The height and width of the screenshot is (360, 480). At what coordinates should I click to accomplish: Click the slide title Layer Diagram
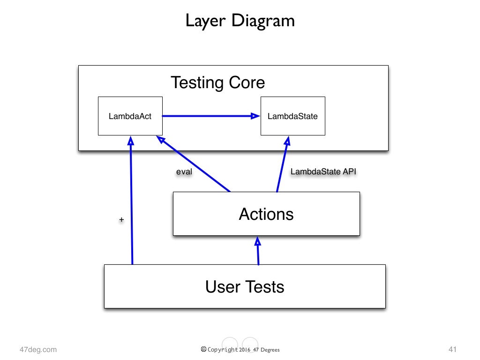click(240, 21)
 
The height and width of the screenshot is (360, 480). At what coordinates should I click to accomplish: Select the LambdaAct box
click(130, 116)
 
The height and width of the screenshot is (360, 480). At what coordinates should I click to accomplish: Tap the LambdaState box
click(292, 116)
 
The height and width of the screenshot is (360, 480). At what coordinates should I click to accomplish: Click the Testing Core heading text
click(217, 82)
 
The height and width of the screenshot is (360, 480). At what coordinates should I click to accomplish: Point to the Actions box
click(266, 214)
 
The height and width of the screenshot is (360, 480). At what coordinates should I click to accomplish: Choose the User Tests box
click(245, 286)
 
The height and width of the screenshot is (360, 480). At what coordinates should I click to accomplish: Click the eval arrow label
click(184, 172)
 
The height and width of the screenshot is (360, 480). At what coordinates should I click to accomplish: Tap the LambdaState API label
click(323, 172)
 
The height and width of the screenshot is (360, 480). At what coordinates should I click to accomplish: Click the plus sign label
click(121, 219)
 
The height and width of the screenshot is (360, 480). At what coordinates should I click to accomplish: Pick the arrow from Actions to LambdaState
click(282, 164)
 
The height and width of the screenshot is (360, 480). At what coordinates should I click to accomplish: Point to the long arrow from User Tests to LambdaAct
click(132, 202)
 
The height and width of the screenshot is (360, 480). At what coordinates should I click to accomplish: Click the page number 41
click(452, 349)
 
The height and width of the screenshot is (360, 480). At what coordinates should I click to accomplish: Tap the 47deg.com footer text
click(38, 349)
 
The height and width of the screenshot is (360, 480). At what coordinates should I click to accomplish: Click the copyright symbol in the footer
click(203, 349)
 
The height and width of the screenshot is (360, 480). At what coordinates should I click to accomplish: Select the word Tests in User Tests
click(264, 286)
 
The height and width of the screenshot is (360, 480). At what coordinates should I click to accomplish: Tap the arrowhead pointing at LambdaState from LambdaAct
click(255, 116)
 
